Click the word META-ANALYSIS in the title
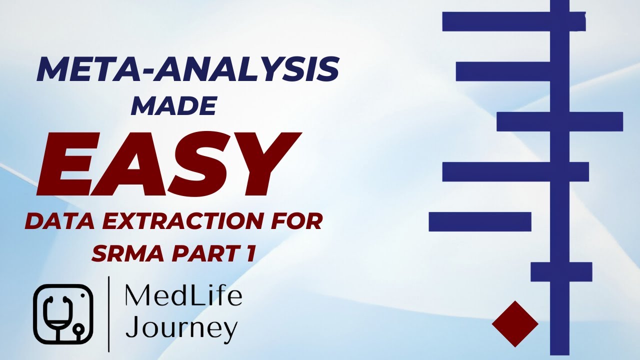click(187, 70)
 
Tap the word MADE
click(173, 105)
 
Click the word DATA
click(59, 221)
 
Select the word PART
click(204, 253)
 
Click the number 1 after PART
click(250, 253)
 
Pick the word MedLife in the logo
click(183, 296)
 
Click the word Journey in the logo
click(181, 328)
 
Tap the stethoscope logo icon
click(63, 313)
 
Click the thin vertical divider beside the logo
click(109, 313)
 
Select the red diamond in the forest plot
click(515, 324)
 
